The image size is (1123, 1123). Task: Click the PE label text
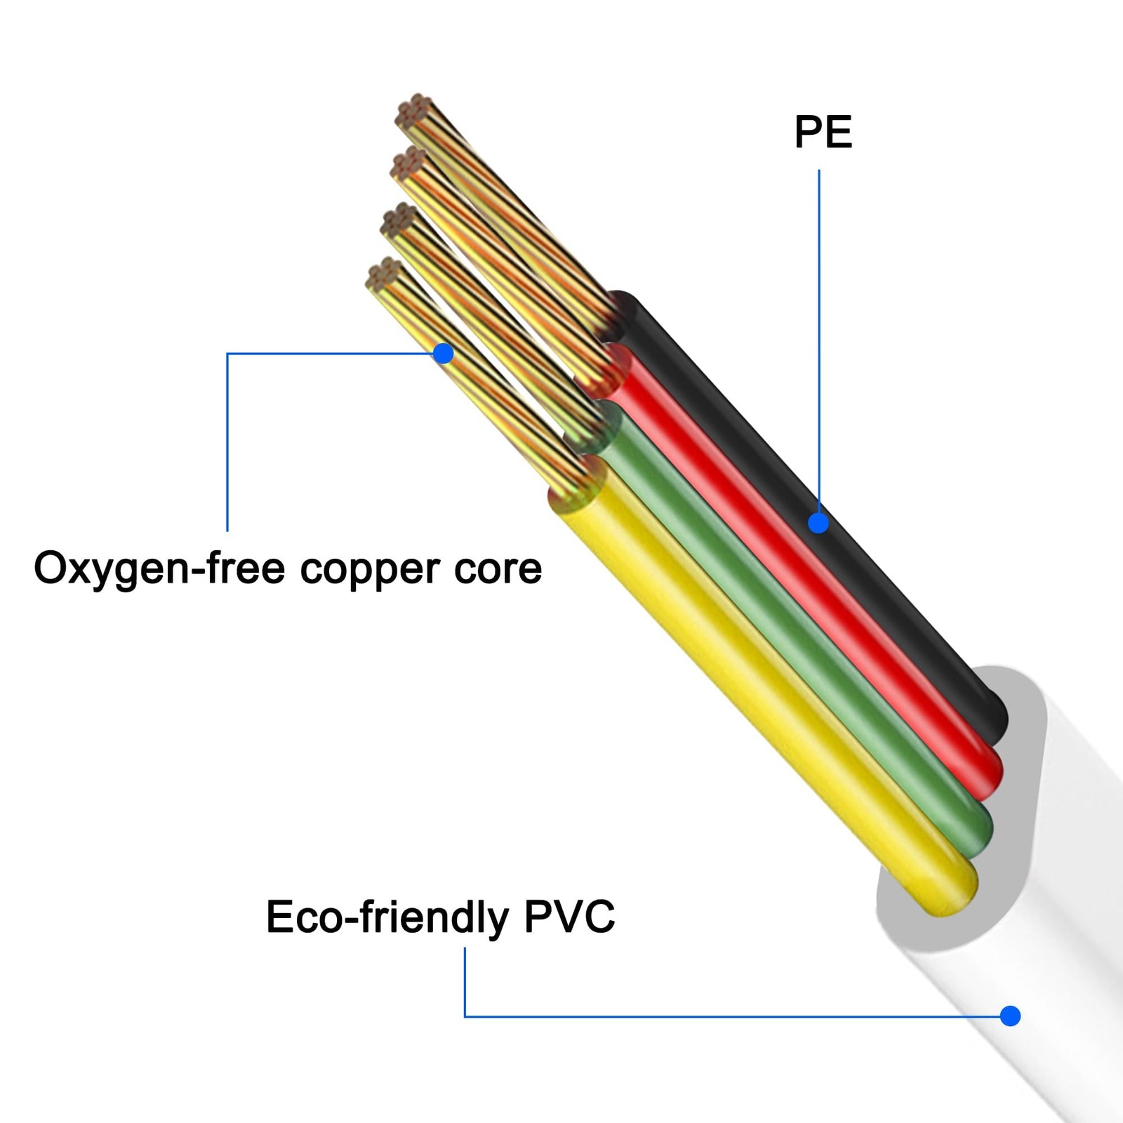point(823,132)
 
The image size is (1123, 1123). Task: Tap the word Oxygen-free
point(159,569)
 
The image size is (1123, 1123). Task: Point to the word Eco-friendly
point(387,917)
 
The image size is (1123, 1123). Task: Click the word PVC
point(569,916)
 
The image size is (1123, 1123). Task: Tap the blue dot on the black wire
point(818,523)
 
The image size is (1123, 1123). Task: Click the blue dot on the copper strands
point(443,353)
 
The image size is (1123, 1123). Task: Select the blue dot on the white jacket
point(1011,1016)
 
